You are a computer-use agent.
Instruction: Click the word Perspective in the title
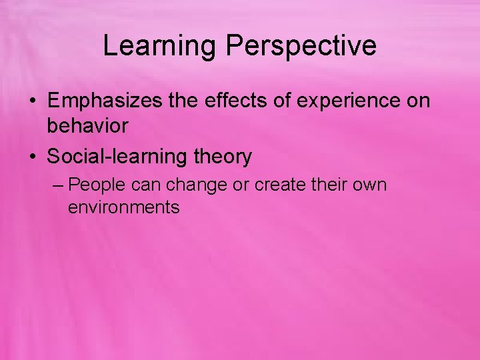(x=301, y=46)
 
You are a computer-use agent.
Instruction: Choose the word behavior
(x=87, y=125)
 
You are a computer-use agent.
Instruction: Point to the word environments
(x=123, y=207)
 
